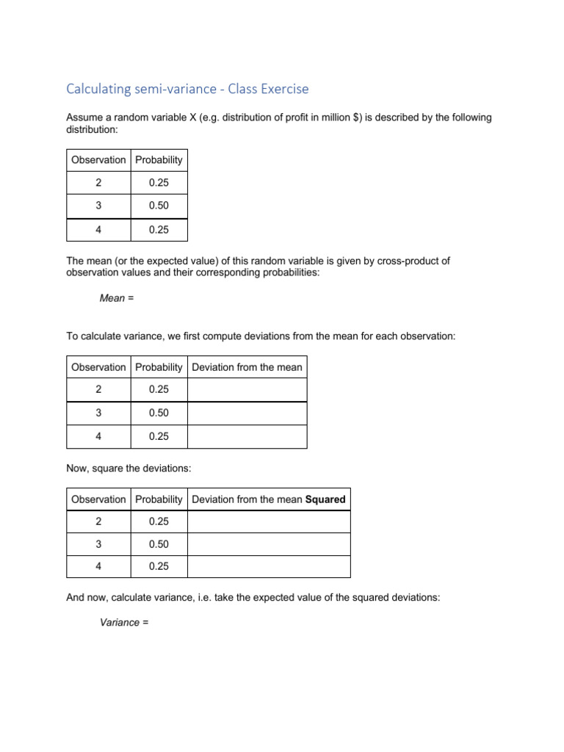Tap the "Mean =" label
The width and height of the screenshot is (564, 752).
pos(112,298)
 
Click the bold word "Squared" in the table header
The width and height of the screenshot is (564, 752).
pos(325,499)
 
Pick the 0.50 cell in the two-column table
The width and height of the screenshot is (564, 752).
pos(159,206)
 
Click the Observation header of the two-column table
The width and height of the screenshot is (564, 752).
pos(98,160)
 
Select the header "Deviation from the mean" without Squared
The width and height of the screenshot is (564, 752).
pos(247,367)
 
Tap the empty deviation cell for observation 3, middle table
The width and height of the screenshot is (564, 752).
pos(247,413)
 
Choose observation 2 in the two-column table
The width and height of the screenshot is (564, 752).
pos(98,183)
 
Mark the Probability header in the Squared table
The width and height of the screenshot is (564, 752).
pos(159,499)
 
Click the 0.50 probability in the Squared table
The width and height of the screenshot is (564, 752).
pos(159,544)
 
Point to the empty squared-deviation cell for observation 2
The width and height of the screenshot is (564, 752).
pos(269,521)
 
